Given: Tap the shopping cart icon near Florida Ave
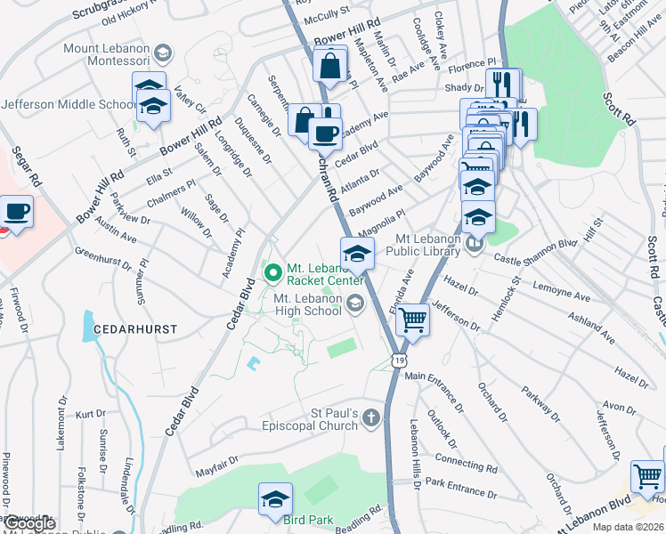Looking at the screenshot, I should point(411,319).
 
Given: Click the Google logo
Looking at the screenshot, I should point(29,523).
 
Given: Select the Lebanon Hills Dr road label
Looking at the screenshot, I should point(414,454).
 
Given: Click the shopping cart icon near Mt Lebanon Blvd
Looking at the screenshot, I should point(647,476).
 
